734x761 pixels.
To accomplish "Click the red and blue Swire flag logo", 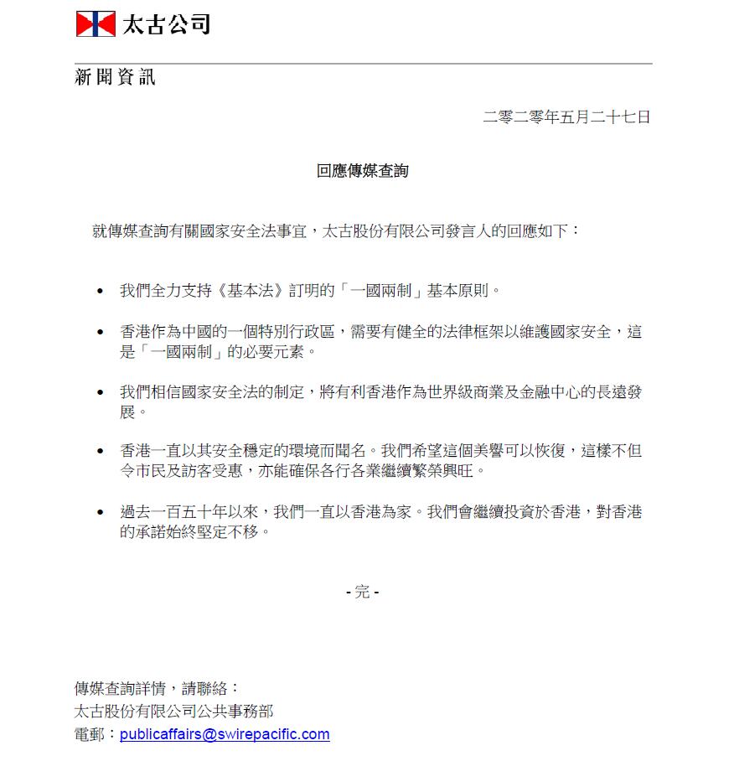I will point(96,23).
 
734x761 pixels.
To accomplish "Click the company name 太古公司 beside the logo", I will point(166,24).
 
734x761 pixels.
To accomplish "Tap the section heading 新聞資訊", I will point(116,79).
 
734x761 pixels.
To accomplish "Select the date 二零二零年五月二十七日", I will point(566,117).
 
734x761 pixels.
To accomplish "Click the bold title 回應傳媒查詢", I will point(363,171).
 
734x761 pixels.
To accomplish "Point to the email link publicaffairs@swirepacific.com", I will point(225,734).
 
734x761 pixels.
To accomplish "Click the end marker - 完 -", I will point(363,592).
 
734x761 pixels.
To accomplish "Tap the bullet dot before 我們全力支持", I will point(101,292).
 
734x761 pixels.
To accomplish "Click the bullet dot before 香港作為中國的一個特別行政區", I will point(101,333).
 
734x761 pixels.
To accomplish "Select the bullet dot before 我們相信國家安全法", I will point(101,393).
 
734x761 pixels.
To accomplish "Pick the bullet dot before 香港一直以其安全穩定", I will point(101,452).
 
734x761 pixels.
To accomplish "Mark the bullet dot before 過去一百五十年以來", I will point(101,512).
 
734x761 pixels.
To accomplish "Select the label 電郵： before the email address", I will point(96,734).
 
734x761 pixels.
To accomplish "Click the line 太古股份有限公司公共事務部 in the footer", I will point(173,712).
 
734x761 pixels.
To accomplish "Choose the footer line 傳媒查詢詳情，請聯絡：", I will point(158,689).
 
